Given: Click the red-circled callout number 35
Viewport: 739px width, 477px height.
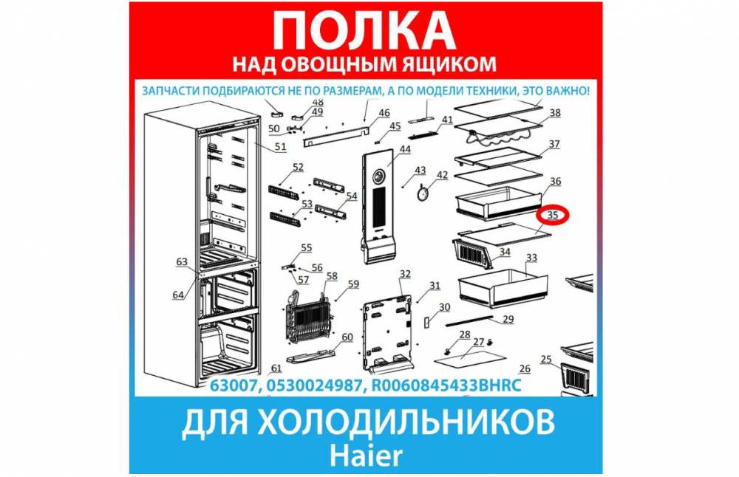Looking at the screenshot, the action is [552, 215].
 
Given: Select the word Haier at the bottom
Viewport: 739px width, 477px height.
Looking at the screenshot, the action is [367, 456].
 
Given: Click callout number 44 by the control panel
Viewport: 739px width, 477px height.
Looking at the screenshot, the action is [405, 149].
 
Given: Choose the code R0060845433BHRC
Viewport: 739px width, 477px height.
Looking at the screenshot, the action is [447, 385].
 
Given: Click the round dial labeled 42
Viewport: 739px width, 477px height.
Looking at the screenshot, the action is [424, 193].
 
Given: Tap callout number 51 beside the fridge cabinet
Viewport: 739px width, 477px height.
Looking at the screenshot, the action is [280, 146].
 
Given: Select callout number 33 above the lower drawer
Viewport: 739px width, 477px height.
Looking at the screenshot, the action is [531, 258].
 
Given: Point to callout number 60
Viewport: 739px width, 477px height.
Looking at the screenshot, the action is [347, 337].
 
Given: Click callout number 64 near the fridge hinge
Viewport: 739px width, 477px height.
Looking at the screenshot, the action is [178, 295].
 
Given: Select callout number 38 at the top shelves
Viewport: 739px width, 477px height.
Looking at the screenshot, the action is [555, 112].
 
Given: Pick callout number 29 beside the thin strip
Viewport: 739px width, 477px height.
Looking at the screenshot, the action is [508, 319].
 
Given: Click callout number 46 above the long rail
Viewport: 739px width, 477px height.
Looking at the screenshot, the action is [384, 113].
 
